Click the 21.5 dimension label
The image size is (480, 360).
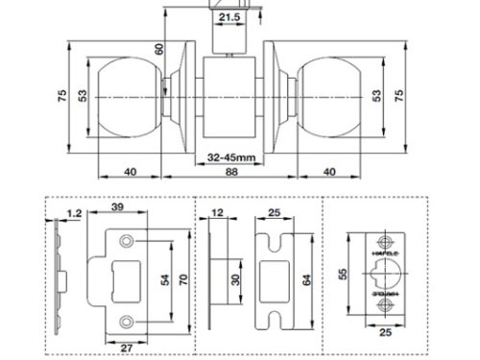click(229, 18)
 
